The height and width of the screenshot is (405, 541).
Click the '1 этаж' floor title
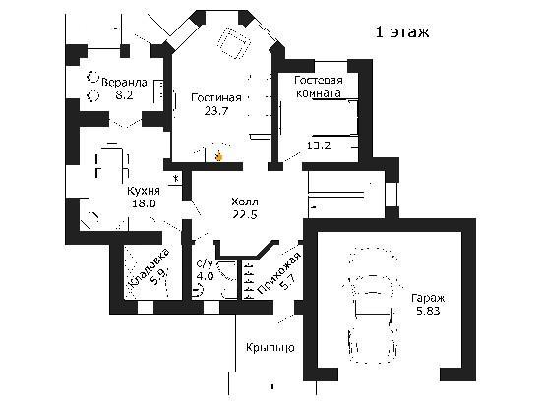click(x=402, y=32)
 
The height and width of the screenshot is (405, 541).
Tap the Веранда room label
click(x=125, y=82)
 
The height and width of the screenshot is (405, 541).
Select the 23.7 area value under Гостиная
click(x=216, y=111)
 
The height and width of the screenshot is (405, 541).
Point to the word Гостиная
click(x=216, y=98)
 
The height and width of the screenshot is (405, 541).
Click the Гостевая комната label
click(x=319, y=87)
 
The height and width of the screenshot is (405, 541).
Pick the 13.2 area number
click(x=319, y=145)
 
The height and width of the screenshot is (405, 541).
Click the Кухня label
click(x=144, y=191)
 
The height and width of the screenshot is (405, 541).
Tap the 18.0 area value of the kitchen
click(x=144, y=203)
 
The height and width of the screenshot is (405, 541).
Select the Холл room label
click(x=245, y=202)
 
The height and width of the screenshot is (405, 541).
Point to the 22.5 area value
click(x=245, y=214)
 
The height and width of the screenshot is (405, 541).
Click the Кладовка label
click(x=150, y=267)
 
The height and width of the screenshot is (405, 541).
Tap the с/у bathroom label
click(x=205, y=264)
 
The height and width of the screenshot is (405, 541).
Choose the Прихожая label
click(x=279, y=273)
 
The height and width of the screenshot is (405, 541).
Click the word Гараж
click(x=428, y=298)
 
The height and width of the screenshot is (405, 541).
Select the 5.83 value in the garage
click(x=428, y=311)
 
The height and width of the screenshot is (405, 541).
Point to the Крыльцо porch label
click(x=270, y=347)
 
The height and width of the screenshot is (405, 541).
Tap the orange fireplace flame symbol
click(x=218, y=157)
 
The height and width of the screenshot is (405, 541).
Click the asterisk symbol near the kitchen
click(x=176, y=179)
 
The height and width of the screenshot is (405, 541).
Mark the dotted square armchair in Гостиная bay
click(x=233, y=43)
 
